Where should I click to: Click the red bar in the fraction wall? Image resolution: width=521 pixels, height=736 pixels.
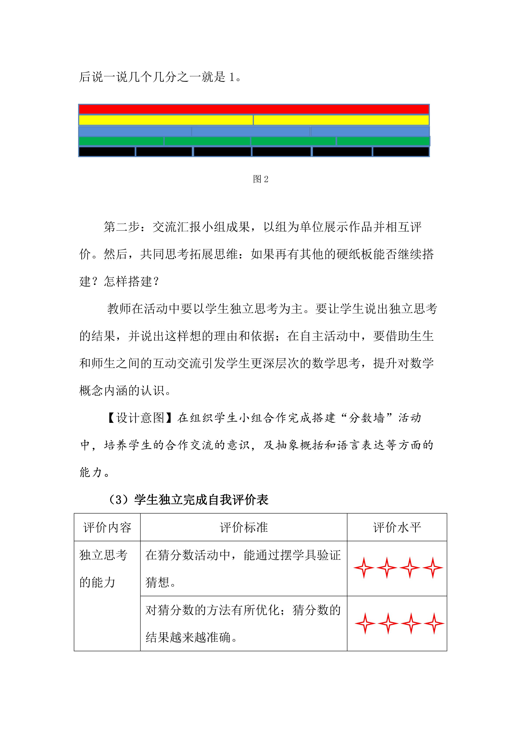(254, 109)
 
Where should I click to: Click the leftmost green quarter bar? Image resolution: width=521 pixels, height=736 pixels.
(121, 141)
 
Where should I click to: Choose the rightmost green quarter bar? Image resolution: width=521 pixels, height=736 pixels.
(383, 141)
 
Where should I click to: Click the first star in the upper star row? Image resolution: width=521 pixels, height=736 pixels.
(364, 568)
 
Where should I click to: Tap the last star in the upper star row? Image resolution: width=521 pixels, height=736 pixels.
(433, 568)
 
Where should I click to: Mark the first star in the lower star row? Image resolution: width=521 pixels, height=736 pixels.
(365, 623)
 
